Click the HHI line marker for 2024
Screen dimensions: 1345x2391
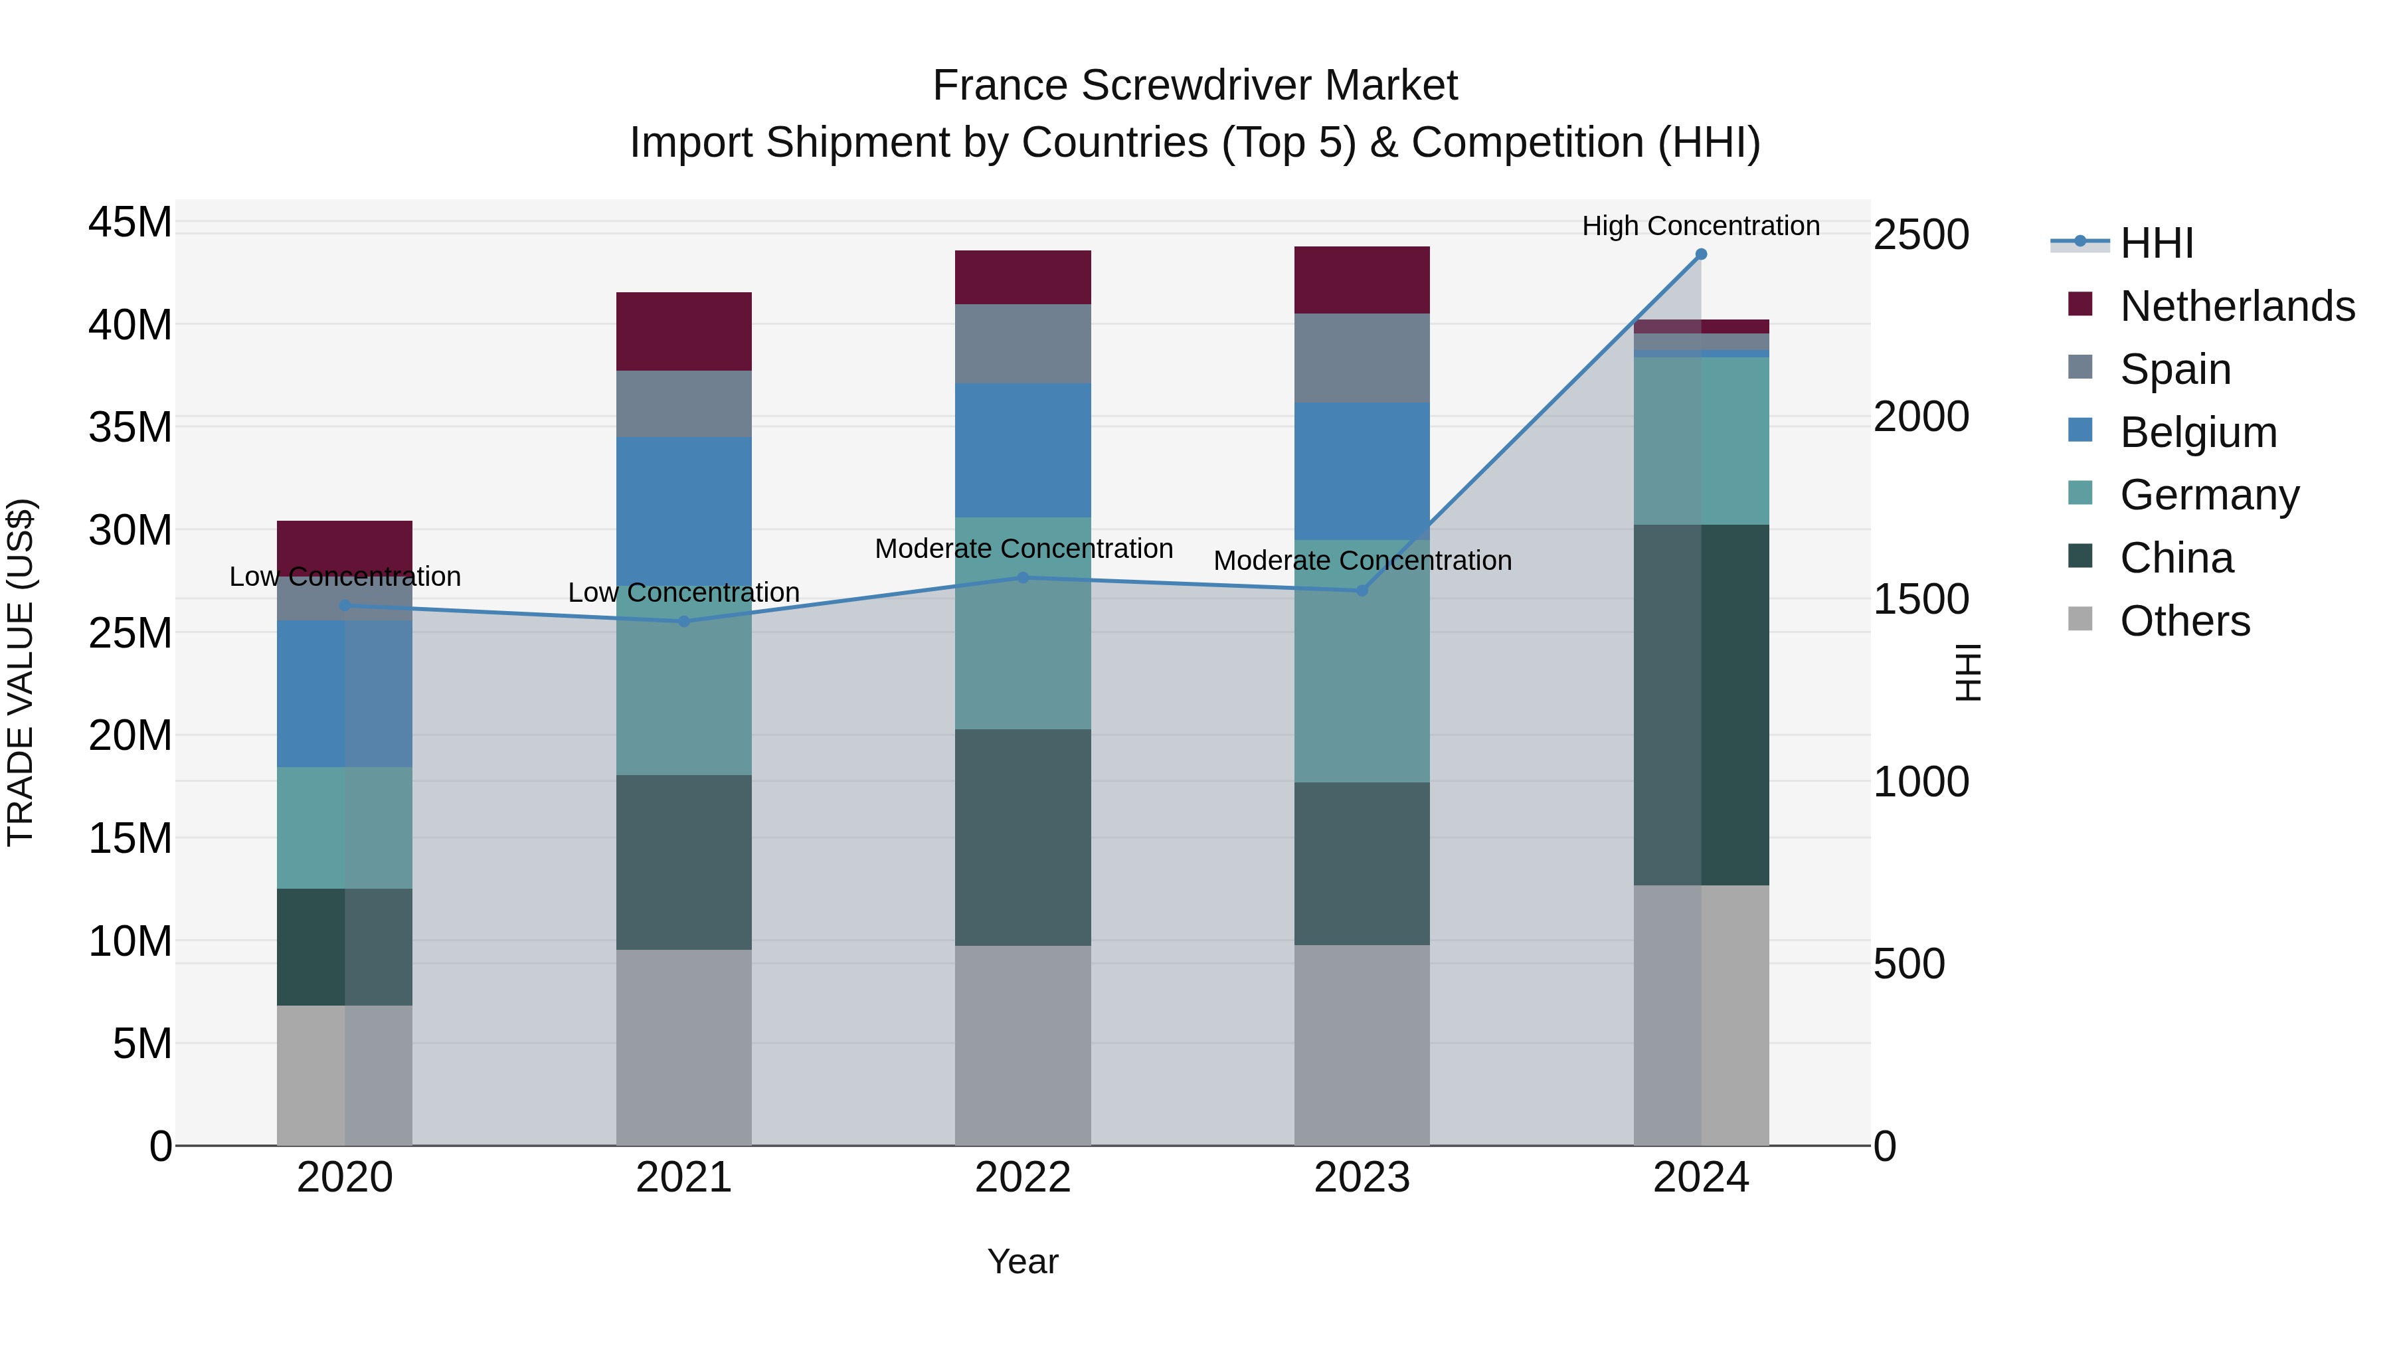coord(1700,254)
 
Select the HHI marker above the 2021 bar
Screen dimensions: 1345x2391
coord(684,621)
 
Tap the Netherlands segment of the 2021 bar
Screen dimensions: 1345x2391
coord(684,331)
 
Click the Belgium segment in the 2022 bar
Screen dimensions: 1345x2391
coord(1023,450)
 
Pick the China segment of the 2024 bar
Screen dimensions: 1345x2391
coord(1700,705)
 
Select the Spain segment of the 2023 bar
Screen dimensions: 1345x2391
coord(1362,357)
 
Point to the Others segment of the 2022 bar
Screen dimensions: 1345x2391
coord(1023,1045)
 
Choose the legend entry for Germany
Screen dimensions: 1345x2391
coord(2209,495)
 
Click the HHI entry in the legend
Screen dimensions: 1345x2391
coord(2156,243)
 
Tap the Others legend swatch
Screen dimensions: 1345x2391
coord(2080,619)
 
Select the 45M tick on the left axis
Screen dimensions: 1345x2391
coord(130,223)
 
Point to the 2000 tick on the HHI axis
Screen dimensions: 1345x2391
coord(1920,416)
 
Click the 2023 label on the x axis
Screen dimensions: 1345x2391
coord(1362,1178)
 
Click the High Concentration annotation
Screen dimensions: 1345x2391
coord(1700,226)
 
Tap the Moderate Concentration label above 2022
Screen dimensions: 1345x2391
coord(1023,549)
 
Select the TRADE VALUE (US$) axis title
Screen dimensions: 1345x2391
coord(21,672)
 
